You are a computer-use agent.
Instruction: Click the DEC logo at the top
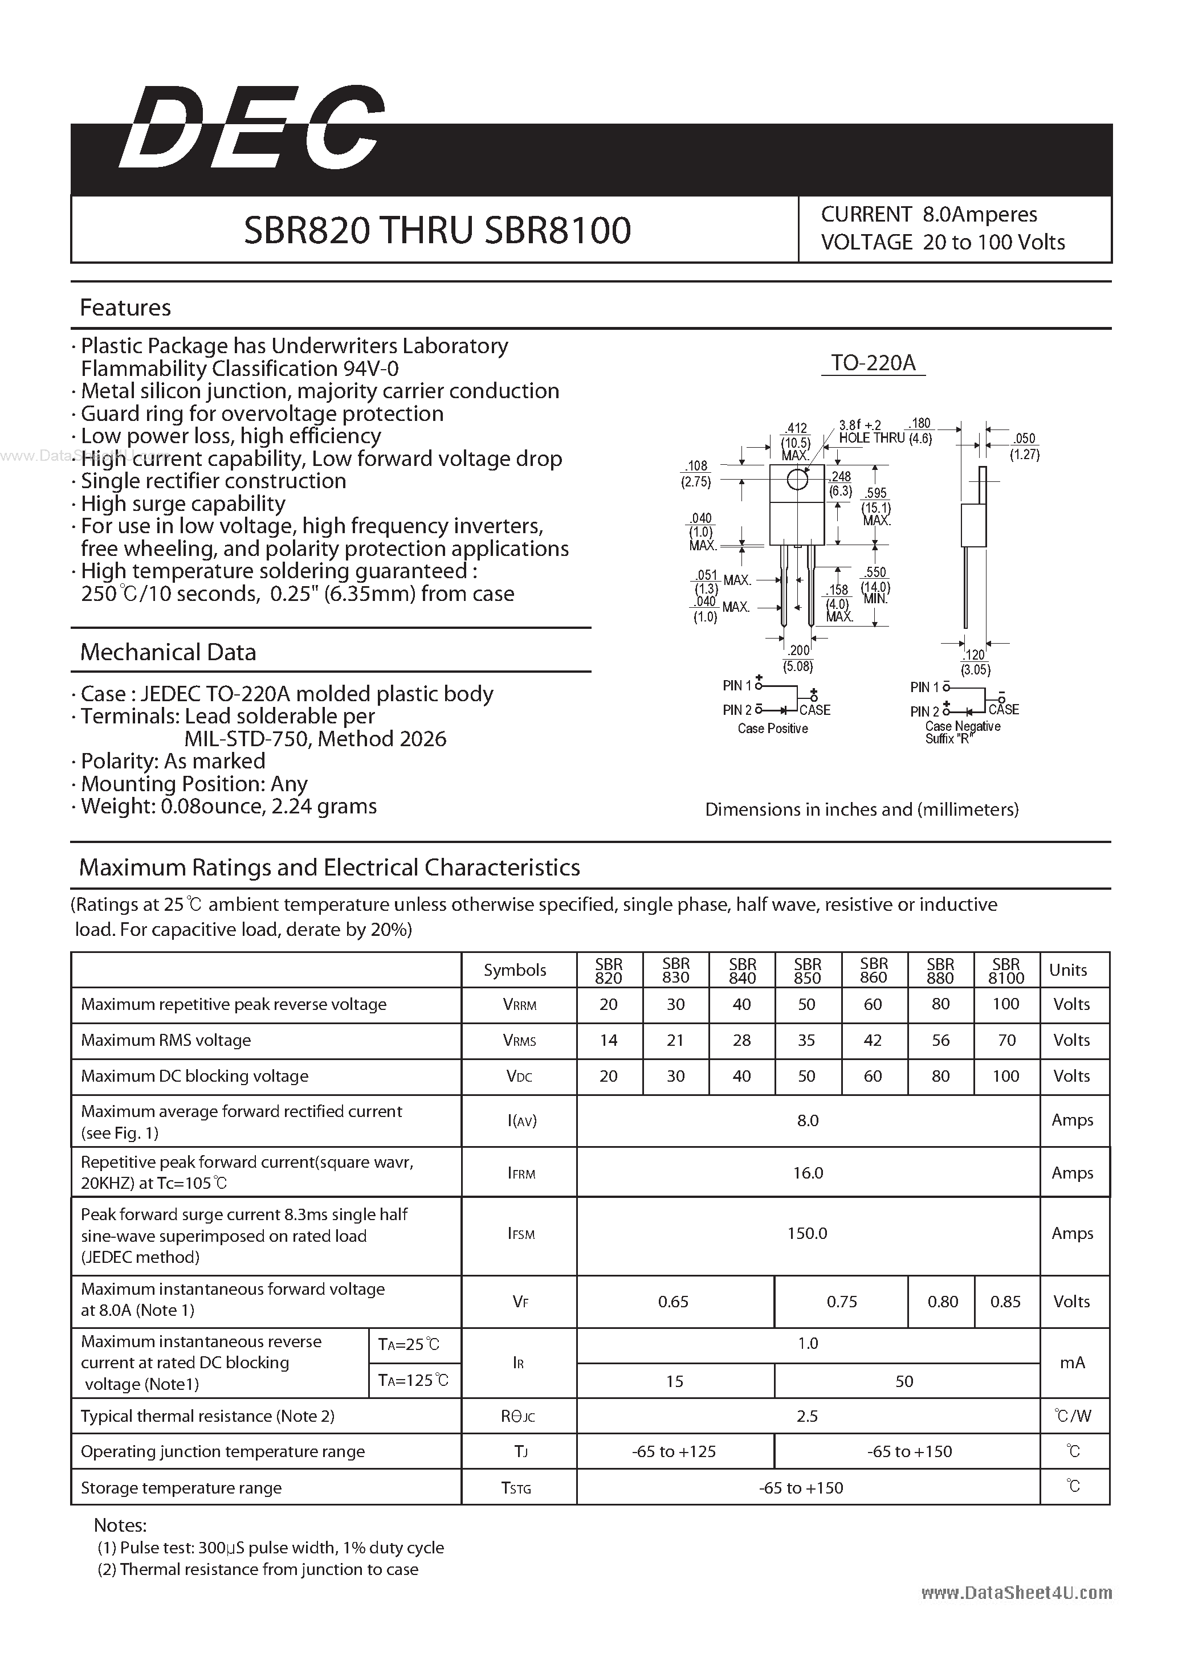click(250, 129)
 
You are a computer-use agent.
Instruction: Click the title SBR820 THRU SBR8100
click(437, 230)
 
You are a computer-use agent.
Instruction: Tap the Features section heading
click(125, 308)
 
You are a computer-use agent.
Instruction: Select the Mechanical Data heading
click(168, 652)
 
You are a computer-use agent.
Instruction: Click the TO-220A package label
click(873, 363)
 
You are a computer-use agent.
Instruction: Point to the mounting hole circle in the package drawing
click(797, 480)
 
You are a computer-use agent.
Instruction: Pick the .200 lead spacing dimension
click(798, 651)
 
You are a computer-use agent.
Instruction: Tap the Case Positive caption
click(773, 728)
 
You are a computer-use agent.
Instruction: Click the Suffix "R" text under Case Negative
click(949, 739)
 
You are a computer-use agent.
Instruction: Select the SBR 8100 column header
click(1006, 970)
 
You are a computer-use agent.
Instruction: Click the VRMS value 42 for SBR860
click(873, 1040)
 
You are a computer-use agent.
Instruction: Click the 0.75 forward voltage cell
click(841, 1302)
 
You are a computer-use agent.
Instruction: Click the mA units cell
click(1072, 1363)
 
